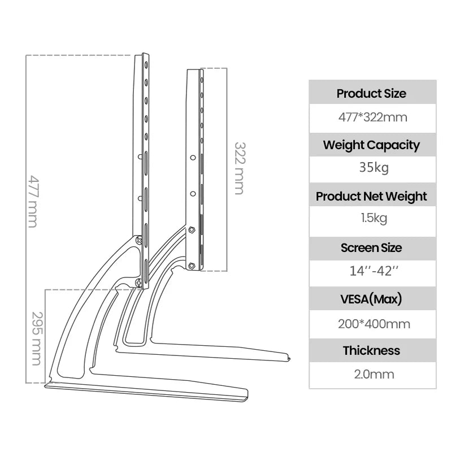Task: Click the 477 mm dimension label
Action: point(33,202)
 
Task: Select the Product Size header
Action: point(372,93)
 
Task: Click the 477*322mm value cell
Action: point(372,118)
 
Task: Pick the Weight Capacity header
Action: point(372,145)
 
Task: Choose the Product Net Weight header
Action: point(372,196)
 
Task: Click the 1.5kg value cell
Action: point(372,218)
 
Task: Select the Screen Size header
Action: point(372,247)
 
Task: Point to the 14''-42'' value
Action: point(372,271)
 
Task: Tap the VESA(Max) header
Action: point(372,299)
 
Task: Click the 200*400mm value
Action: point(372,324)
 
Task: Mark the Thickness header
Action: point(372,350)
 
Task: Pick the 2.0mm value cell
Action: point(372,374)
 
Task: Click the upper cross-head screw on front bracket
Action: point(140,240)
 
